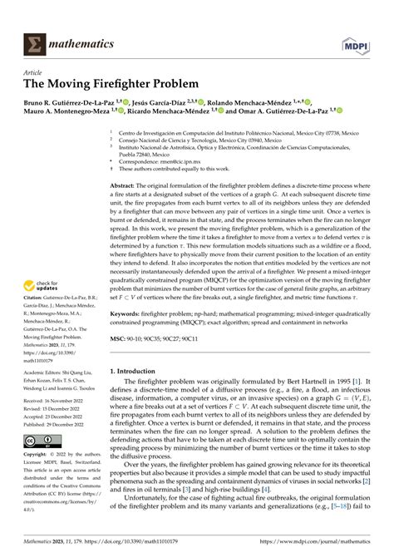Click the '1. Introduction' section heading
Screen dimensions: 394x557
139,373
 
